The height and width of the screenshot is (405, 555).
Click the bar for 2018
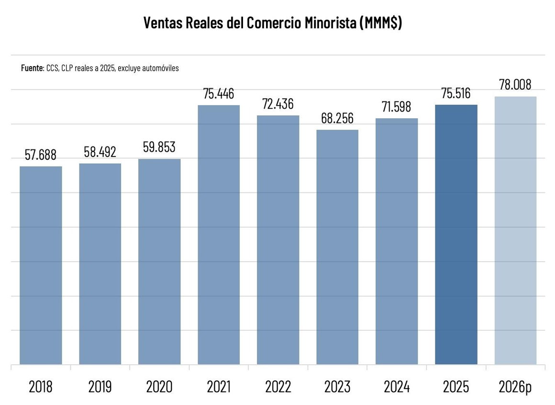pyautogui.click(x=41, y=265)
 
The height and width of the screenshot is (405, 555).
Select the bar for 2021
pyautogui.click(x=219, y=235)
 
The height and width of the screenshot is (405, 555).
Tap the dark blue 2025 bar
pyautogui.click(x=456, y=235)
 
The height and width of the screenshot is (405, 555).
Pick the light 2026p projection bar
pyautogui.click(x=515, y=230)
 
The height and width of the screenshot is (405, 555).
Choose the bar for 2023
pyautogui.click(x=337, y=247)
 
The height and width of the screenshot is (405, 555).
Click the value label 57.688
pyautogui.click(x=41, y=155)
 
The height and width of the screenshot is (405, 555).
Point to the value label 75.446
pyautogui.click(x=219, y=94)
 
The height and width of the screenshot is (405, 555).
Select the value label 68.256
pyautogui.click(x=337, y=119)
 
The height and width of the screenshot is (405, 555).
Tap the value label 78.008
pyautogui.click(x=515, y=85)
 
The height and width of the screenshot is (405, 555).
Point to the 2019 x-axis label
pyautogui.click(x=100, y=386)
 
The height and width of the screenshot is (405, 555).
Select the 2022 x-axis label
pyautogui.click(x=278, y=386)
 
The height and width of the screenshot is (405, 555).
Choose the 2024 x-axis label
pyautogui.click(x=397, y=386)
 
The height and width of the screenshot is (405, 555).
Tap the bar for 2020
pyautogui.click(x=159, y=261)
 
